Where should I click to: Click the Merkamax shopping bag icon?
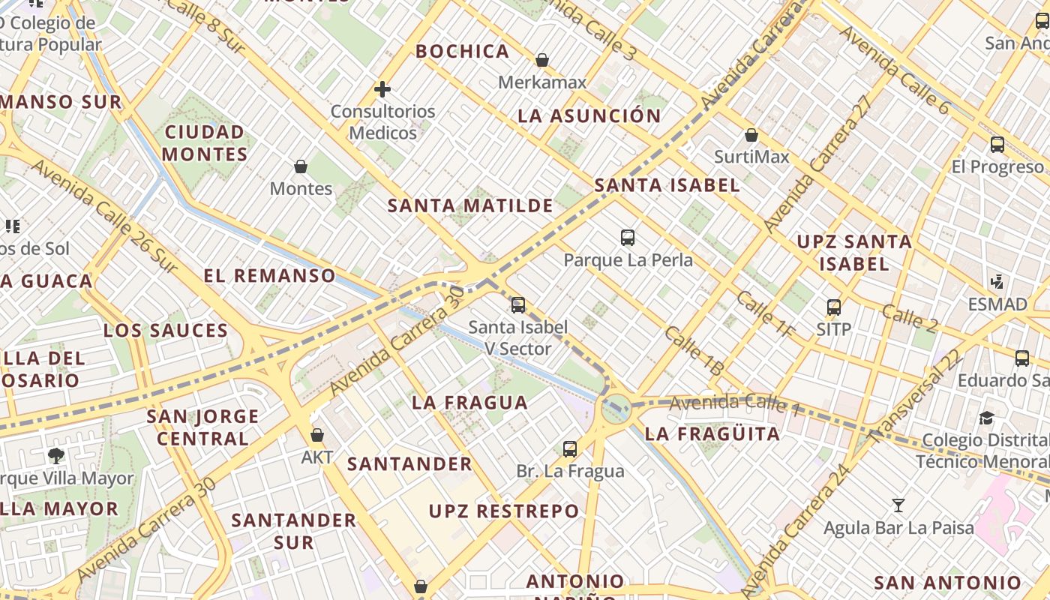541,60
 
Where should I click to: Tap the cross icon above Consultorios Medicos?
382,90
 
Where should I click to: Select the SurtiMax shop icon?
751,136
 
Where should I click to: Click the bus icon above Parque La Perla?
628,238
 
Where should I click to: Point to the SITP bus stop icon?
834,307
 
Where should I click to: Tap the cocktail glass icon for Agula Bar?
898,505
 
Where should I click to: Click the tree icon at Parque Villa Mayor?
55,455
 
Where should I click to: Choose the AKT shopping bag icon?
317,435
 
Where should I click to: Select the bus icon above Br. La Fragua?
570,449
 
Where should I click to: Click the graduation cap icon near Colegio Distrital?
987,418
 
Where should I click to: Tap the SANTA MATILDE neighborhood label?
470,205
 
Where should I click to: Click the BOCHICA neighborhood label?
463,52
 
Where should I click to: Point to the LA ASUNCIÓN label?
589,116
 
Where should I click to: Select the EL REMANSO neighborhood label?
269,275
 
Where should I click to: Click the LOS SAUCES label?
166,331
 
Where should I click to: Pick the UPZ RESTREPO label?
504,511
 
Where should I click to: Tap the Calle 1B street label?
694,351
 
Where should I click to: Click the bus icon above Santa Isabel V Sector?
517,305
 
